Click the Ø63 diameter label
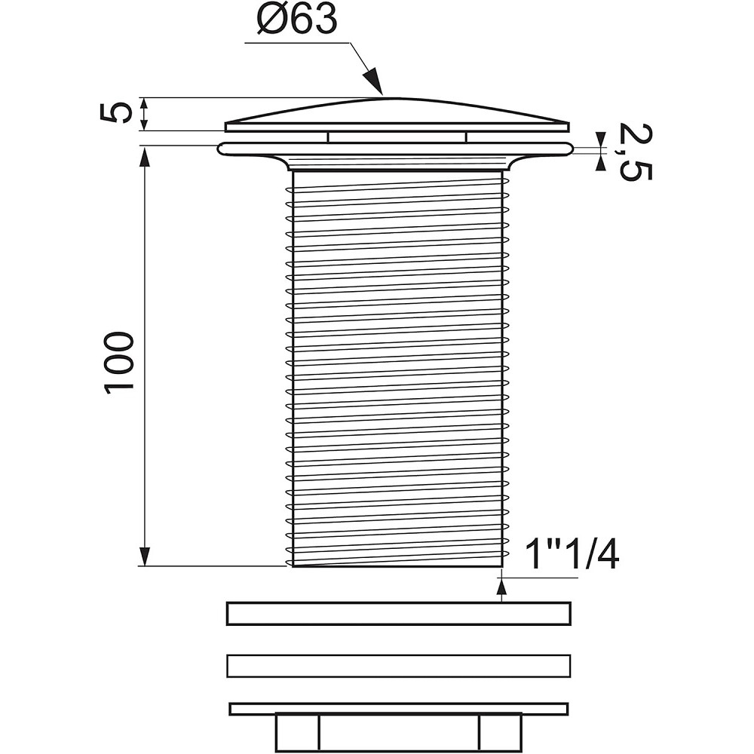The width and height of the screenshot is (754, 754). point(296,20)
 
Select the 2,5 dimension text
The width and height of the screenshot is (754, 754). point(635,152)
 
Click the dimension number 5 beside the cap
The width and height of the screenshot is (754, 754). point(116,113)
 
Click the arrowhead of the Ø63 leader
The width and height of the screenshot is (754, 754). point(373,81)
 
